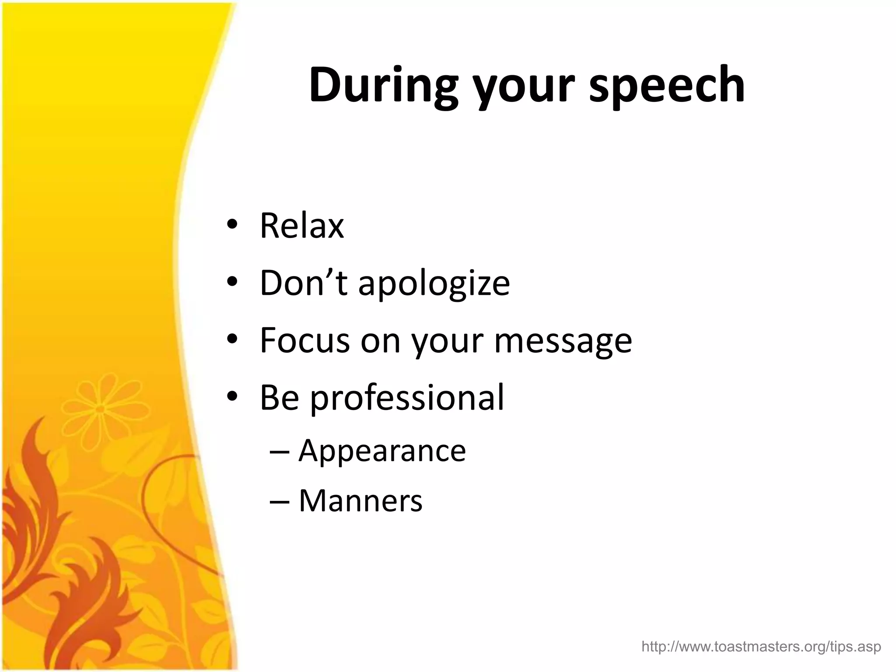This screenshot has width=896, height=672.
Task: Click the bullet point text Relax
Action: [x=302, y=226]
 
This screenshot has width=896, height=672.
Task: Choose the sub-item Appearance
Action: [x=382, y=451]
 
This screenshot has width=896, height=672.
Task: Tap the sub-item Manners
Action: [x=360, y=500]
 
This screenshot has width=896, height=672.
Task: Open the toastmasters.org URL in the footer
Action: [x=761, y=646]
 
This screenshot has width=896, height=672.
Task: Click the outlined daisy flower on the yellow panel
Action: [x=100, y=409]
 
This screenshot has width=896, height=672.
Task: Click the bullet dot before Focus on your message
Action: [x=232, y=339]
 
